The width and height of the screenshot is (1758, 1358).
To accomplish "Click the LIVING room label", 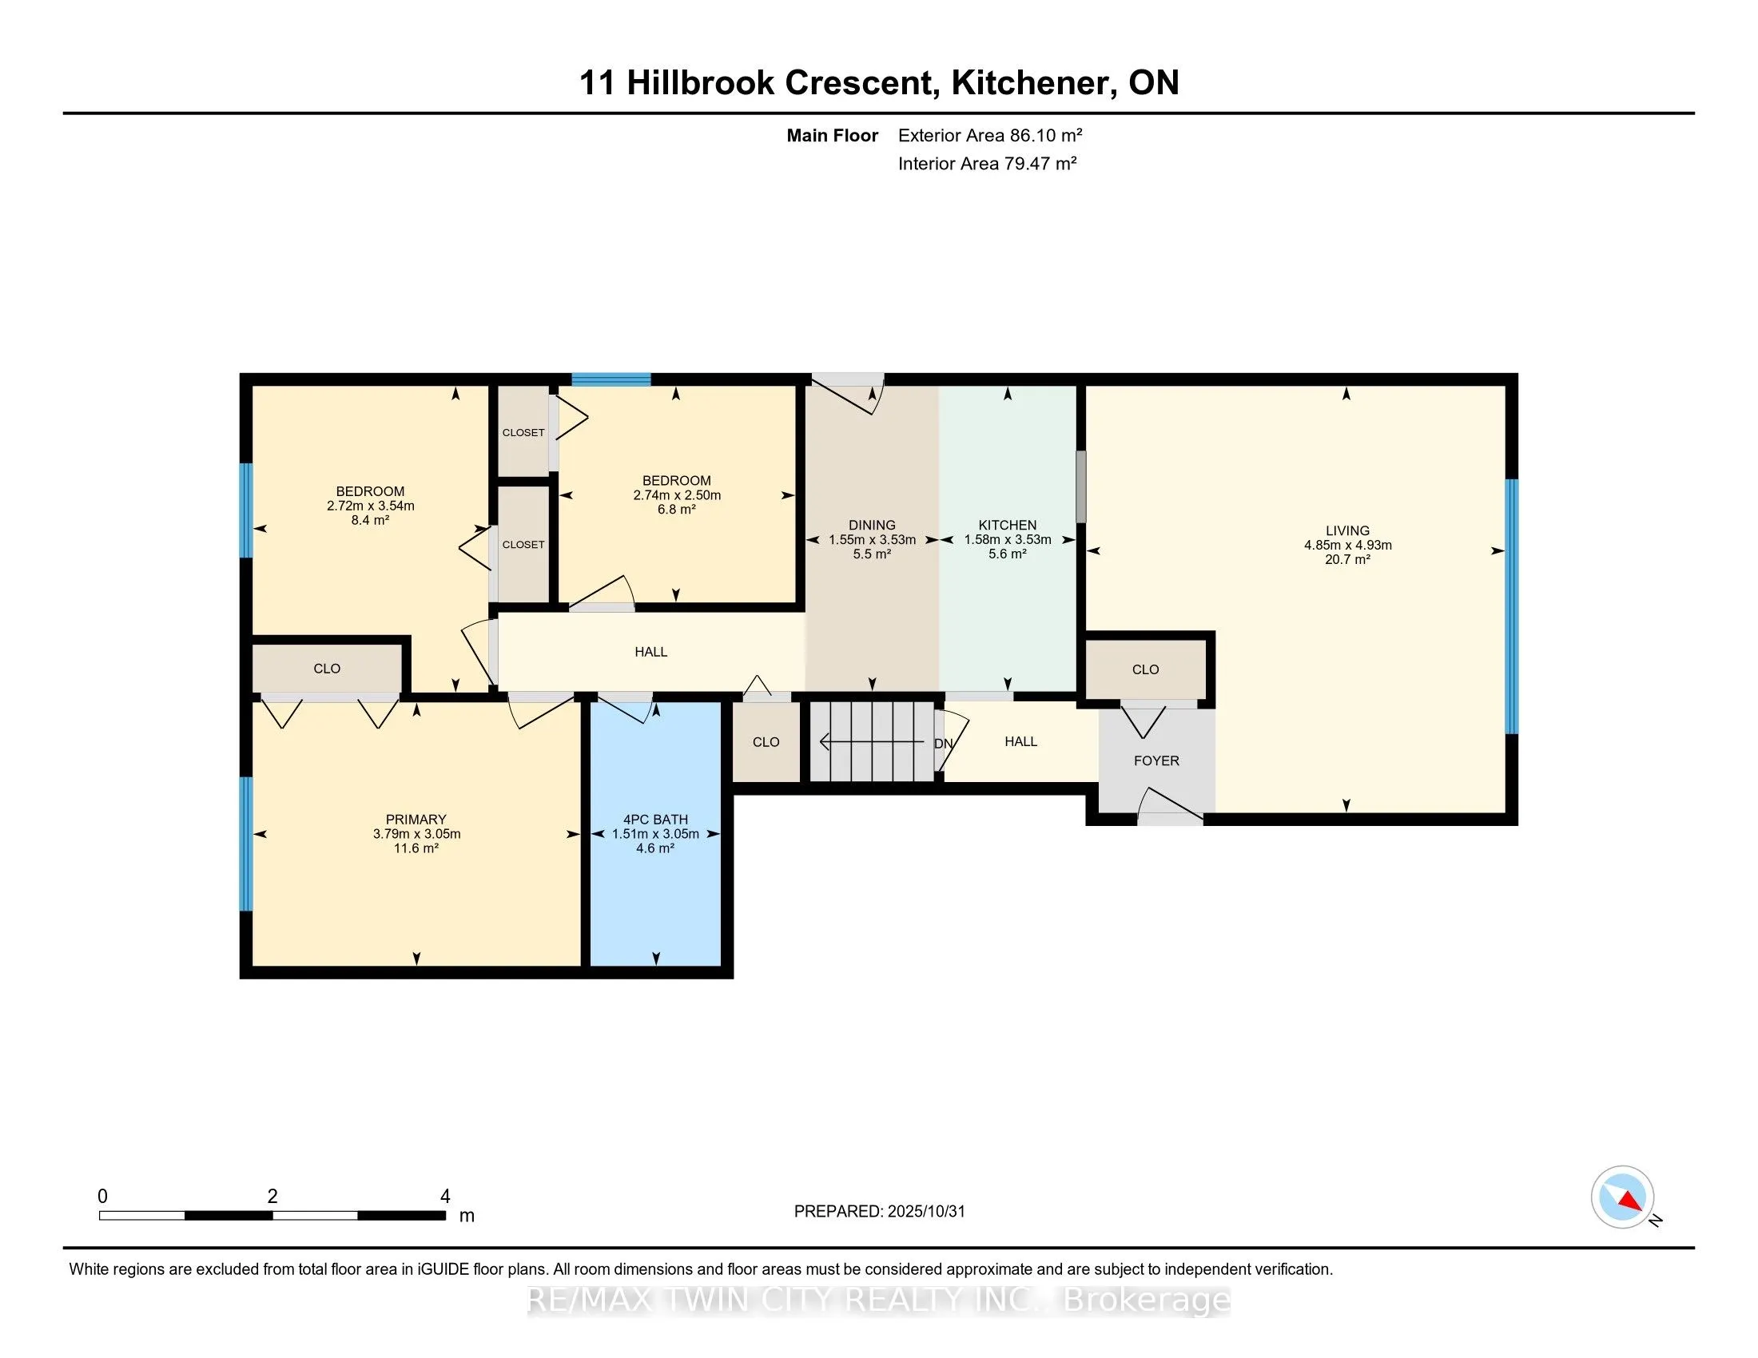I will click(1347, 530).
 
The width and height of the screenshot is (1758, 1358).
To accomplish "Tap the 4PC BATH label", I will click(654, 819).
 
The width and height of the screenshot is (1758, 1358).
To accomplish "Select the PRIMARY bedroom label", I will click(416, 819).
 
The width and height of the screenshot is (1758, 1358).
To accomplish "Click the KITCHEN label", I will click(1007, 525).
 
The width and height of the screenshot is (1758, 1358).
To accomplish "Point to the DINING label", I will click(872, 525).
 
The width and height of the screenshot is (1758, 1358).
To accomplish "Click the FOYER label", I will click(1156, 760).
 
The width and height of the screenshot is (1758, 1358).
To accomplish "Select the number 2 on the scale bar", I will click(272, 1197).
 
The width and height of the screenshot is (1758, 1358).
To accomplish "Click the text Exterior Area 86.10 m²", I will click(989, 135).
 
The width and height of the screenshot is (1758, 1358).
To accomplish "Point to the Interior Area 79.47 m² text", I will click(987, 163).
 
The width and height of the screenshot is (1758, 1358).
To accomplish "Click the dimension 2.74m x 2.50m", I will click(676, 495).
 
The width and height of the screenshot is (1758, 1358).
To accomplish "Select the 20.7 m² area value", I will click(1347, 559).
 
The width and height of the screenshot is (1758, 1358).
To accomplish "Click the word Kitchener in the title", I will click(1032, 82).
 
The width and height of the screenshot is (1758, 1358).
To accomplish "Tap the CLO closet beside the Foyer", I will click(1144, 669).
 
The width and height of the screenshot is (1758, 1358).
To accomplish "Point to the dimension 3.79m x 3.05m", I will click(416, 833).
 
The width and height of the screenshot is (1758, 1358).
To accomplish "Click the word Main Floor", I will click(832, 135).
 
